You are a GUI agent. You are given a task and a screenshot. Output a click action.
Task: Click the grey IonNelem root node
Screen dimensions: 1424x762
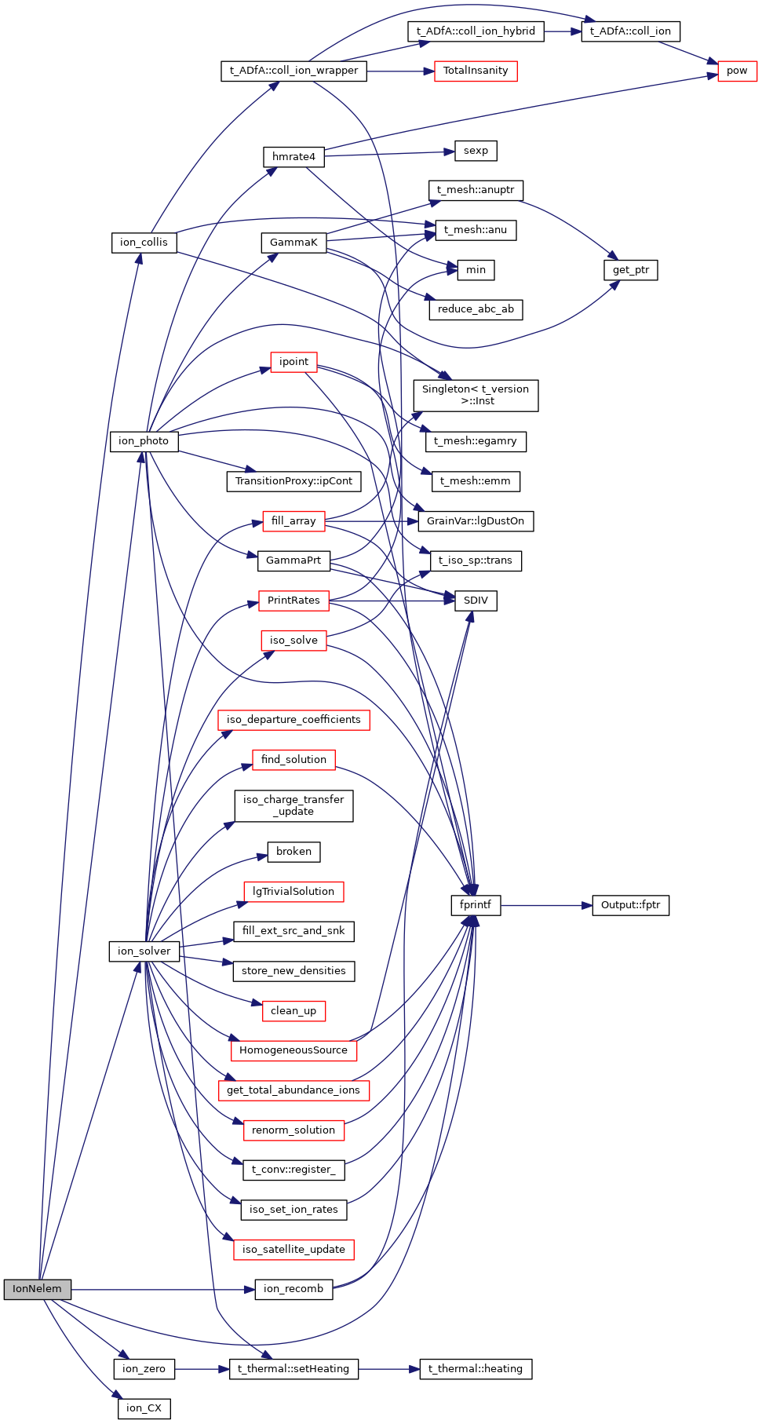click(37, 1289)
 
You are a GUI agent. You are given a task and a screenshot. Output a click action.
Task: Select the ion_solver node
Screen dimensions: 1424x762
click(144, 951)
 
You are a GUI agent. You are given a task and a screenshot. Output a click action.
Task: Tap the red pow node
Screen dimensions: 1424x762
click(737, 71)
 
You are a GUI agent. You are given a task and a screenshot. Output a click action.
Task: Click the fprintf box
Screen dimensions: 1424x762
click(476, 905)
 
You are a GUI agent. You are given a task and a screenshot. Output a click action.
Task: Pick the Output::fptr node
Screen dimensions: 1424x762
click(630, 905)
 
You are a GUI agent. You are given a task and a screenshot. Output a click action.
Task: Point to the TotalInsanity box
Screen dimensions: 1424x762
click(476, 71)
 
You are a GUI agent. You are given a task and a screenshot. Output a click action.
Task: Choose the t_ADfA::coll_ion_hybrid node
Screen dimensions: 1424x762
click(476, 31)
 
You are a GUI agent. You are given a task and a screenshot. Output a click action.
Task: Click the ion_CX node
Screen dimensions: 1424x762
click(144, 1408)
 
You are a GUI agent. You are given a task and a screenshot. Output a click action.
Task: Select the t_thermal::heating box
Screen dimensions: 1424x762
click(476, 1369)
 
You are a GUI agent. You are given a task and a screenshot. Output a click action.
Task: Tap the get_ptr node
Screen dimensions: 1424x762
click(631, 270)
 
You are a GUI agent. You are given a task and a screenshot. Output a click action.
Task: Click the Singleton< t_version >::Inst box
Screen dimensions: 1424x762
click(476, 395)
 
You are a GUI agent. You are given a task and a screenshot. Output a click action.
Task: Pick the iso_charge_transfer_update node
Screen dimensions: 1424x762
click(293, 805)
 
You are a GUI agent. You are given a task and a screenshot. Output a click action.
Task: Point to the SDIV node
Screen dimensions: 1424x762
click(476, 601)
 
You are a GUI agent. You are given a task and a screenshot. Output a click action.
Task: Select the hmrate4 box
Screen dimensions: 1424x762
click(293, 157)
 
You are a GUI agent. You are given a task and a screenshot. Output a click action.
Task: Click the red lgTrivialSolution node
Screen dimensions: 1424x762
click(293, 892)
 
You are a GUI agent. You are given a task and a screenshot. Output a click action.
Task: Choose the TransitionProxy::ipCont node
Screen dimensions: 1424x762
click(293, 481)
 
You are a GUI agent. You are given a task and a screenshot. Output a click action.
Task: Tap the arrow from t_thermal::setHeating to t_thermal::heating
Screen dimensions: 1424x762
click(389, 1369)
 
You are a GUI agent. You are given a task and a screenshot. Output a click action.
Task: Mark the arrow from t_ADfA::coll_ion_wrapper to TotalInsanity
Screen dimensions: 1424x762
click(400, 71)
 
